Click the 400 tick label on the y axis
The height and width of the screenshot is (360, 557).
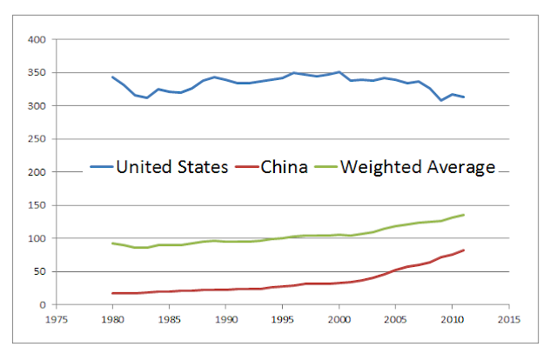tap(37, 40)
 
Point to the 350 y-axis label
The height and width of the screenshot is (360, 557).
tap(37, 73)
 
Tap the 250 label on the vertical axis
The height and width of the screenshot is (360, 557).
tap(37, 139)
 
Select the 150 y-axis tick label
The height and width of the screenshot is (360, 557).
tap(37, 205)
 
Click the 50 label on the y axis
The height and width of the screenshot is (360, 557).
tap(40, 271)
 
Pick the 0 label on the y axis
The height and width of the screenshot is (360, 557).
tap(43, 305)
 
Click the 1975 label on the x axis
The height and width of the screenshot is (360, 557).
tap(57, 320)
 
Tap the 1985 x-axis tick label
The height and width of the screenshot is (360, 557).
tap(170, 320)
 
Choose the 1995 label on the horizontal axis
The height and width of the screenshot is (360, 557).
tap(282, 320)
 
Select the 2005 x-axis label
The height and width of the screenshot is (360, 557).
tap(395, 320)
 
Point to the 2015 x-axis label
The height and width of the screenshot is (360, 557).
tap(508, 320)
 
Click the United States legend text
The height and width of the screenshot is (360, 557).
tap(172, 167)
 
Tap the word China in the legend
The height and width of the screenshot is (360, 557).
tap(284, 167)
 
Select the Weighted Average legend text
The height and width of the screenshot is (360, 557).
tap(418, 168)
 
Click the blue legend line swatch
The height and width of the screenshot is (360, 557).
tap(102, 167)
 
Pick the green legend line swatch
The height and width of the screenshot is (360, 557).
tap(326, 167)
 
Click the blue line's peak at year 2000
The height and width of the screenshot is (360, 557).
tap(339, 71)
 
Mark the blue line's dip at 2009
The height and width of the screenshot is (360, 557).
tap(441, 100)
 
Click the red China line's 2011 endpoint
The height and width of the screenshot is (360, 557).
tap(464, 250)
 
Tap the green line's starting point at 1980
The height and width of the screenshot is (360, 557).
tap(112, 243)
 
